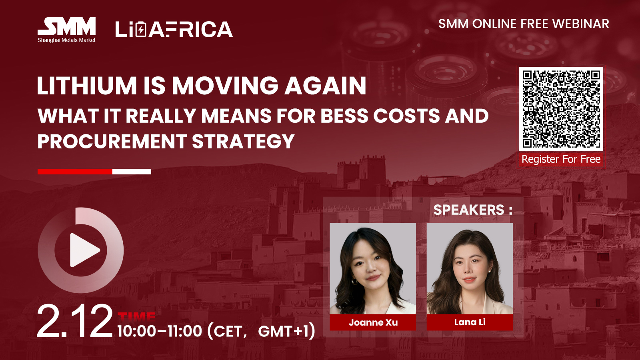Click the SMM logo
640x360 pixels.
(x=66, y=30)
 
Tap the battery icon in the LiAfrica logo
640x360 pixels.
(x=140, y=29)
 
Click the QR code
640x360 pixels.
(x=561, y=108)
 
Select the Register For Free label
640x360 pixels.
(x=561, y=159)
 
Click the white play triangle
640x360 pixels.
(x=84, y=250)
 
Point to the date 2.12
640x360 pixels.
(x=75, y=321)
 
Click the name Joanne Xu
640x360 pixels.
(x=373, y=322)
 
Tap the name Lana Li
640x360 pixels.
(x=470, y=322)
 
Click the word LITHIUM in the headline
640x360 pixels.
(x=87, y=86)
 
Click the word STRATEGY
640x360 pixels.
(x=243, y=141)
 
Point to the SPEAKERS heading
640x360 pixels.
(x=473, y=210)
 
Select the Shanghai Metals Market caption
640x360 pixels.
(x=66, y=40)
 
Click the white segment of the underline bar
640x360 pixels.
(x=132, y=172)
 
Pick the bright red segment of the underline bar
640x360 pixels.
(x=75, y=172)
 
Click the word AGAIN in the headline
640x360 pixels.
(x=325, y=86)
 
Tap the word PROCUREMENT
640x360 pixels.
(x=112, y=141)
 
